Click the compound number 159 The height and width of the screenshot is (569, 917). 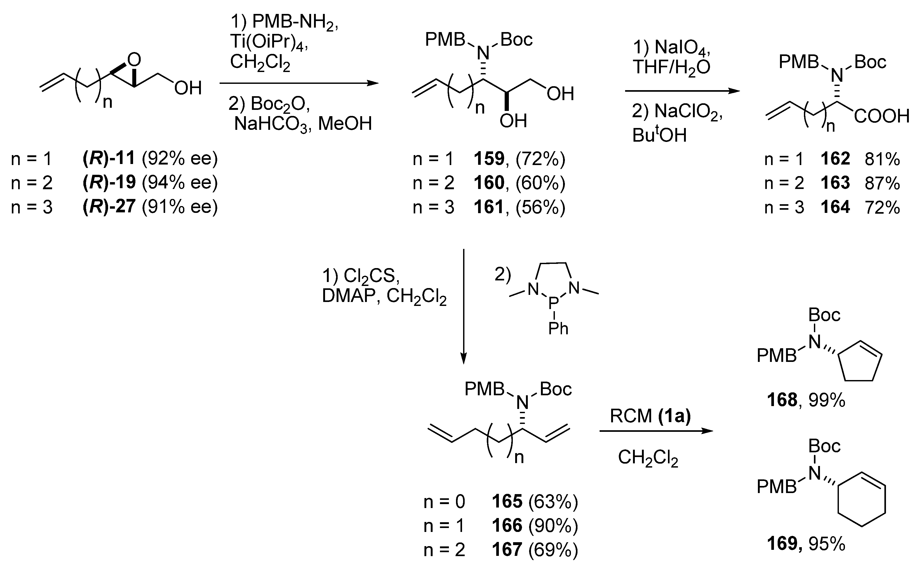click(489, 159)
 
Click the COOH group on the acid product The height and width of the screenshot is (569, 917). click(881, 116)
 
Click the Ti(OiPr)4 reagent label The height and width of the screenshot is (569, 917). click(269, 42)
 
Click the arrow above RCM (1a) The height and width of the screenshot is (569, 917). click(656, 431)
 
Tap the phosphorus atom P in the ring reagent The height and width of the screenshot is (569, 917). click(553, 302)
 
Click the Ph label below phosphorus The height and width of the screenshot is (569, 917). click(558, 329)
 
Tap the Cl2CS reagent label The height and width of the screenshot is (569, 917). click(371, 276)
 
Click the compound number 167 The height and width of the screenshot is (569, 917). click(507, 550)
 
